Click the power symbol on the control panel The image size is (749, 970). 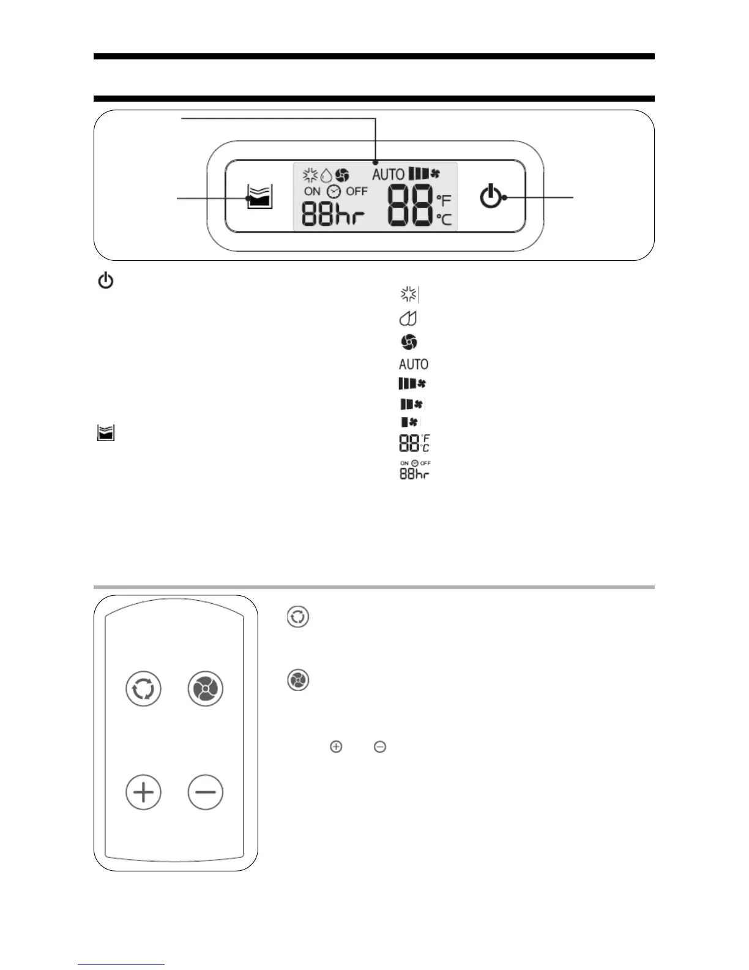[x=490, y=197]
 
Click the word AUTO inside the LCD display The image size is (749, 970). [x=388, y=175]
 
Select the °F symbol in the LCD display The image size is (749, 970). [x=444, y=200]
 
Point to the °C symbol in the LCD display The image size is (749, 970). [x=444, y=219]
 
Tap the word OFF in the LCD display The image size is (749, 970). [x=356, y=191]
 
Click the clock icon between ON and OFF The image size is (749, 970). [x=334, y=191]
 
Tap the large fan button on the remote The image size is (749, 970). [x=205, y=688]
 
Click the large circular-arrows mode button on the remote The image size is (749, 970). [x=143, y=688]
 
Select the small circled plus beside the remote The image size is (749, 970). [x=336, y=746]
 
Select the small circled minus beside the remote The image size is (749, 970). [x=380, y=746]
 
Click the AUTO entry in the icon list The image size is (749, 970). [x=413, y=364]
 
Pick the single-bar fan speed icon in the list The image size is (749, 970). [x=409, y=422]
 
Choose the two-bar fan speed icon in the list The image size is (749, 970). [x=411, y=404]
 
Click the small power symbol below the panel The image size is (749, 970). [x=106, y=282]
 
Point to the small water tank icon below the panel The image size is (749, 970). [x=106, y=434]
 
